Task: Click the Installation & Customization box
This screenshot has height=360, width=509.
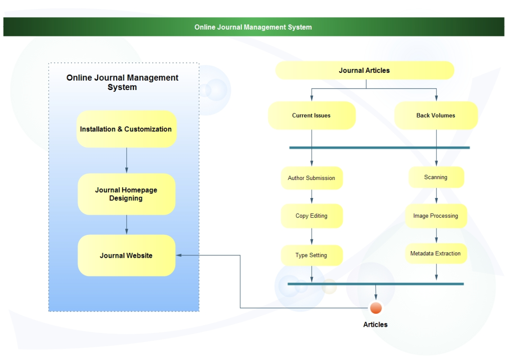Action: [126, 129]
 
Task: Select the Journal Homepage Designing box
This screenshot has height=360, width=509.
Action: [126, 194]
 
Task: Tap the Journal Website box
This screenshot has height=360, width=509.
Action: [126, 256]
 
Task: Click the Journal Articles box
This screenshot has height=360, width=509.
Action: [365, 71]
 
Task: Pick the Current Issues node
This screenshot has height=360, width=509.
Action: [311, 116]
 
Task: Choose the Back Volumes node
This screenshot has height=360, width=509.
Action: [436, 116]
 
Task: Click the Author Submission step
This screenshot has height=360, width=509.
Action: [311, 178]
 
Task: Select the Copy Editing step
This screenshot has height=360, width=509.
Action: [311, 216]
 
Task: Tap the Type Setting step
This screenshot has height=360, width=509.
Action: [311, 255]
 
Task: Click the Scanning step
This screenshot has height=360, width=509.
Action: [436, 177]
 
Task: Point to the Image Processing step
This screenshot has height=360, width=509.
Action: [436, 216]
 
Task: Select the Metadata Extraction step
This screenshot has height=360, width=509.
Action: [436, 254]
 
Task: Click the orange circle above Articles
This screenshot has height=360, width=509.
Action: [376, 308]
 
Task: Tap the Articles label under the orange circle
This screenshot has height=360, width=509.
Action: [375, 324]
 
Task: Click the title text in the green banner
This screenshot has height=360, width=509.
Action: [253, 27]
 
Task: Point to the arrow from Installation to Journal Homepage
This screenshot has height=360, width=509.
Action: [126, 161]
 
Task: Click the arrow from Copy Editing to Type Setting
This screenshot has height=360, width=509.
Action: [311, 237]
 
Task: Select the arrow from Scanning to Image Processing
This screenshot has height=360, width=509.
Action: [436, 196]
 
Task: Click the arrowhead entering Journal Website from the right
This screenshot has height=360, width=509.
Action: [179, 255]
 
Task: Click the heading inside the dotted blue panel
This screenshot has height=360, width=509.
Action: [122, 82]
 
